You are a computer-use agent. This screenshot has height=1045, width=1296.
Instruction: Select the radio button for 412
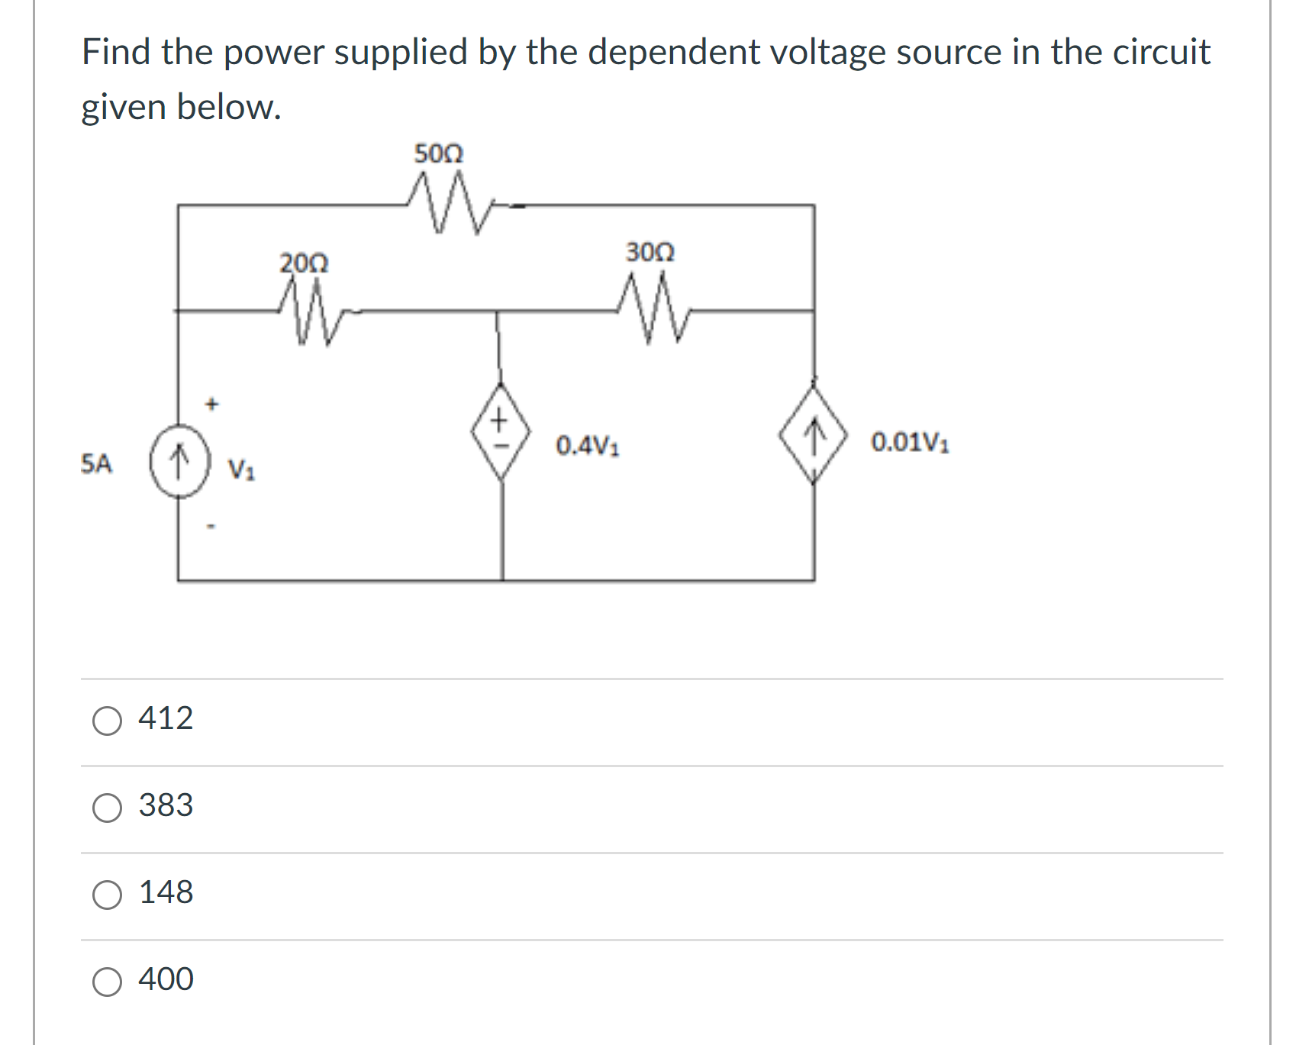(x=107, y=720)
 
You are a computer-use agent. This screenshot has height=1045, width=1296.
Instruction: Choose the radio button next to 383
(x=107, y=807)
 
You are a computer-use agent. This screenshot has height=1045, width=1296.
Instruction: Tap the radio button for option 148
(x=107, y=894)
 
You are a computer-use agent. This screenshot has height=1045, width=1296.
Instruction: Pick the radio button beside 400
(x=107, y=981)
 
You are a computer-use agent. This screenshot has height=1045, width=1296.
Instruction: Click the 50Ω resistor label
(x=438, y=153)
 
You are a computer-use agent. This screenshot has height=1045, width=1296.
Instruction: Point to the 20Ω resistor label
(x=304, y=263)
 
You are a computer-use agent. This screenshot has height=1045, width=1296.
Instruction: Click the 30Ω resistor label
(x=650, y=251)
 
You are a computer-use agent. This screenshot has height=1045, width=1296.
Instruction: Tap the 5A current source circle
(x=179, y=461)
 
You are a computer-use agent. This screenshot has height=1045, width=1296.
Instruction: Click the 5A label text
(x=96, y=463)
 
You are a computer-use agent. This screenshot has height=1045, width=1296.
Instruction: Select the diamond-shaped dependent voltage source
(x=500, y=432)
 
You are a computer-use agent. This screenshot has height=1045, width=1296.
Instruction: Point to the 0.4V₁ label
(x=587, y=445)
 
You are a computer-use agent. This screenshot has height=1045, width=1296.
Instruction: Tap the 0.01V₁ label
(x=910, y=442)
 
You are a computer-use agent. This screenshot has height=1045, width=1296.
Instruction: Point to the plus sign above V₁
(x=212, y=402)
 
